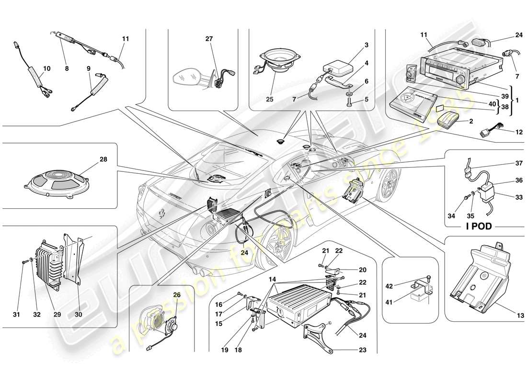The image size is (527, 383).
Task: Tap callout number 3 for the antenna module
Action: [x=367, y=45]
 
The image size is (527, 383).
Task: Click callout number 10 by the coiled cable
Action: [x=46, y=69]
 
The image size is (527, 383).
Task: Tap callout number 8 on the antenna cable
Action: [x=67, y=69]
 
